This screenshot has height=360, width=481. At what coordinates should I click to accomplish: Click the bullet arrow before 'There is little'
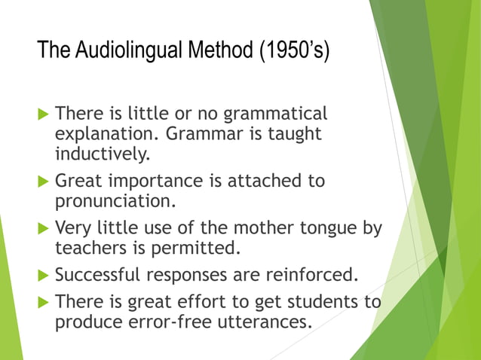tap(43, 115)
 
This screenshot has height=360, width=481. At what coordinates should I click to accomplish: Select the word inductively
tap(103, 154)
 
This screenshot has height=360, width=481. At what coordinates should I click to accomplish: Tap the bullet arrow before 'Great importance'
tap(43, 182)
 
